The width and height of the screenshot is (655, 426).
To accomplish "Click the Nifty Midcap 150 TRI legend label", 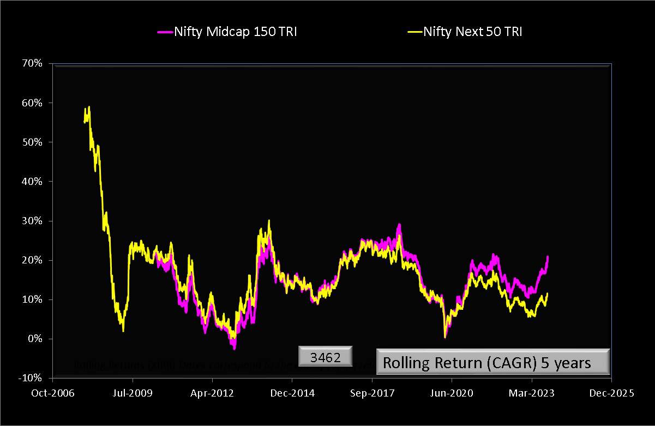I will pos(235,32).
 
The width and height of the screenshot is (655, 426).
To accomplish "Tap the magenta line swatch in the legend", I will pos(165,32).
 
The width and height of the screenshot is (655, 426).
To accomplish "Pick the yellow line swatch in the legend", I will pos(414,32).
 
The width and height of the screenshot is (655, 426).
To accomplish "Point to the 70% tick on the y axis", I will pos(32,63).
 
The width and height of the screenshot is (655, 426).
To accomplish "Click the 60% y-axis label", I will pos(32,103).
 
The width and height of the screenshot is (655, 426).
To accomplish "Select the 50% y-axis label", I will pos(32,142).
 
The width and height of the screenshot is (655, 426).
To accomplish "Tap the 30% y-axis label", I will pos(32,221).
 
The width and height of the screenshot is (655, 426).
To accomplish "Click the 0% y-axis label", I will pos(34,339).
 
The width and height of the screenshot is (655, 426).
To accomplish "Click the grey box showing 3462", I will pos(326,358).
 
